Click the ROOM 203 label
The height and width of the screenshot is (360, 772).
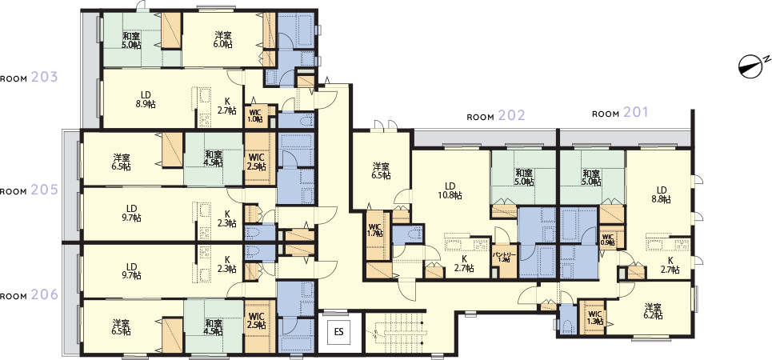(x=30, y=78)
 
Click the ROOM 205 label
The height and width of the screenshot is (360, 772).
(x=30, y=191)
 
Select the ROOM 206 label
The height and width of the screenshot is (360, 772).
(x=30, y=295)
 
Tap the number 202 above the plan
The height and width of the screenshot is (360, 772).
(x=511, y=115)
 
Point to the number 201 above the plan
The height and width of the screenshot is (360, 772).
(x=636, y=113)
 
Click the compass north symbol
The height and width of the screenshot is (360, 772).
(x=753, y=66)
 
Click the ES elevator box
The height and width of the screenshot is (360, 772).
(x=338, y=330)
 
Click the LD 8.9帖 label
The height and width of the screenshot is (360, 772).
(x=145, y=98)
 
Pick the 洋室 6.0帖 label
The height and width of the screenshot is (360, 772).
(x=223, y=39)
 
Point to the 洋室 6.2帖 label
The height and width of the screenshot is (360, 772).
(x=653, y=312)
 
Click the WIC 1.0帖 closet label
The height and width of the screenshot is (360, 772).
(x=255, y=116)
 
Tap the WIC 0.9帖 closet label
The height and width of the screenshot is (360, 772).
(x=607, y=238)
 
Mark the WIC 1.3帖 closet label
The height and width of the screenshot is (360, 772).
(x=594, y=318)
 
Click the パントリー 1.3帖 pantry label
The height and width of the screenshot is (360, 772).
(x=502, y=257)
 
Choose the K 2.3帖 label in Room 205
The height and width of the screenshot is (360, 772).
(x=227, y=218)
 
